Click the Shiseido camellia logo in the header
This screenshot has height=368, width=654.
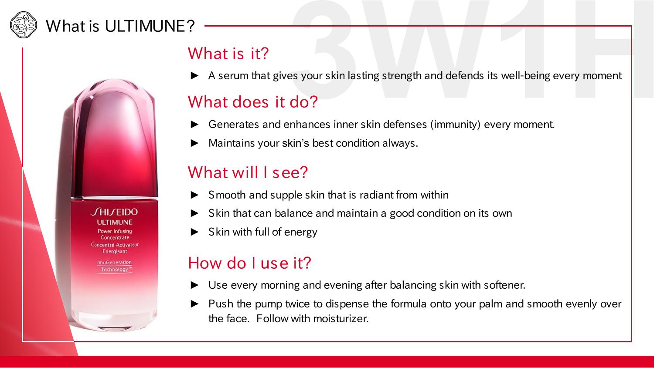pyautogui.click(x=24, y=25)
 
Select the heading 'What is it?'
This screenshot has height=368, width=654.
pyautogui.click(x=228, y=54)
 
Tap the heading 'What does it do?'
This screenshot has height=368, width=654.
pyautogui.click(x=252, y=102)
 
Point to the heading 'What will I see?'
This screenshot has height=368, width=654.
pyautogui.click(x=248, y=172)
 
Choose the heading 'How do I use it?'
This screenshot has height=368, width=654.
pyautogui.click(x=250, y=263)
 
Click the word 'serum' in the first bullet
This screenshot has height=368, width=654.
pyautogui.click(x=233, y=76)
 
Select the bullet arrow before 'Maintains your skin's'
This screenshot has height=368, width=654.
pyautogui.click(x=194, y=143)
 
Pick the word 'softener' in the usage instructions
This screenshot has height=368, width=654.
pyautogui.click(x=504, y=285)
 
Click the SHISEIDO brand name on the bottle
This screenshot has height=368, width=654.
pyautogui.click(x=114, y=212)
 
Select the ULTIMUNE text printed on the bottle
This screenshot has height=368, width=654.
pyautogui.click(x=115, y=222)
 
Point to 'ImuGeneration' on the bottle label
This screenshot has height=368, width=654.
pyautogui.click(x=114, y=263)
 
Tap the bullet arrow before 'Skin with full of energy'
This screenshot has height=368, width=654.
pyautogui.click(x=194, y=232)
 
